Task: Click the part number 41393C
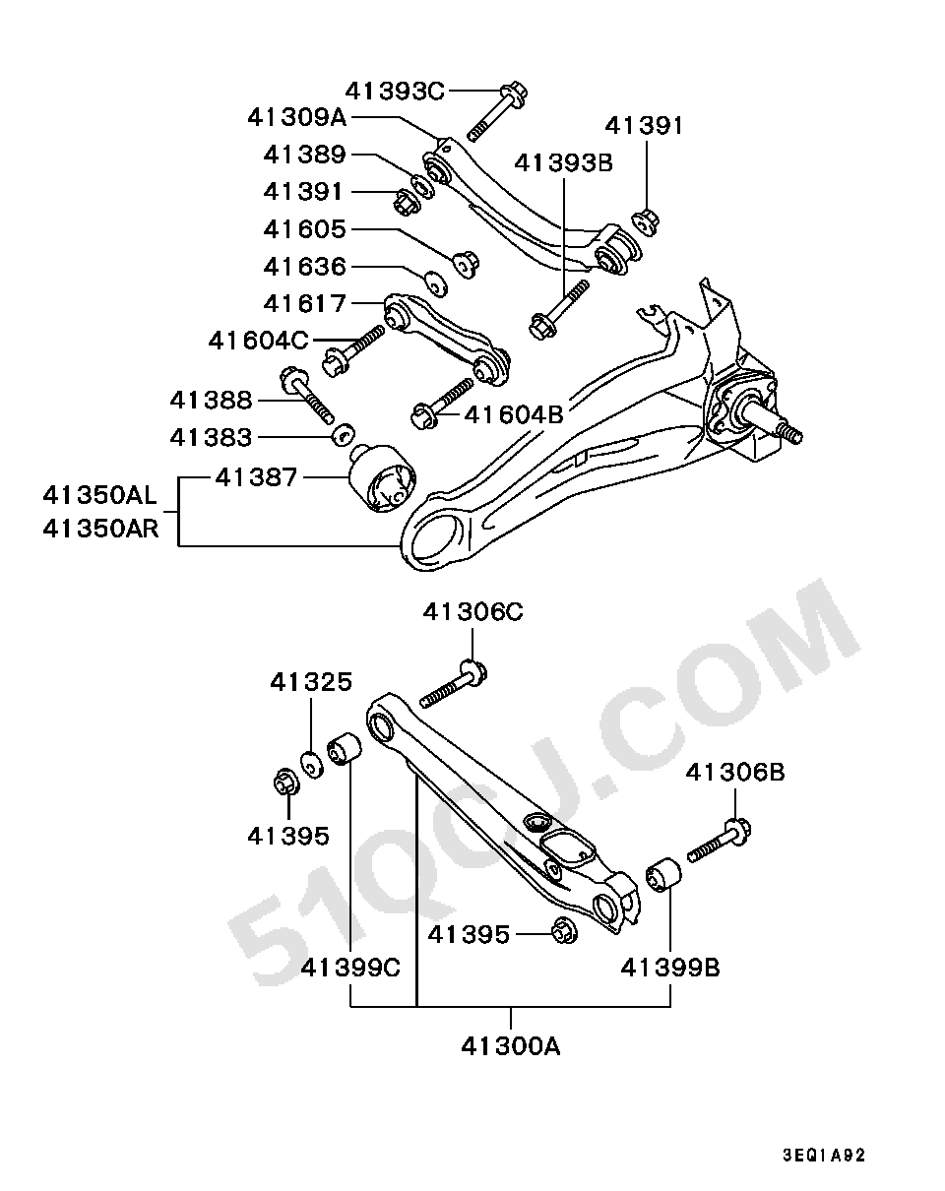395,92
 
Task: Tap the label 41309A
296,117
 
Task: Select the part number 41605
305,229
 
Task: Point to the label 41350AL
100,495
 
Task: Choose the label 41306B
735,772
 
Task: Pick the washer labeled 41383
344,433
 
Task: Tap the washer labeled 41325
312,764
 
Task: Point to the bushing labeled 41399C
344,748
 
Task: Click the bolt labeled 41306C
454,684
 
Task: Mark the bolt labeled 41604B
443,404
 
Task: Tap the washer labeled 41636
437,283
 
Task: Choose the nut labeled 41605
466,265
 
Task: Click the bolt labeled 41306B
720,842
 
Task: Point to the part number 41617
305,304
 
